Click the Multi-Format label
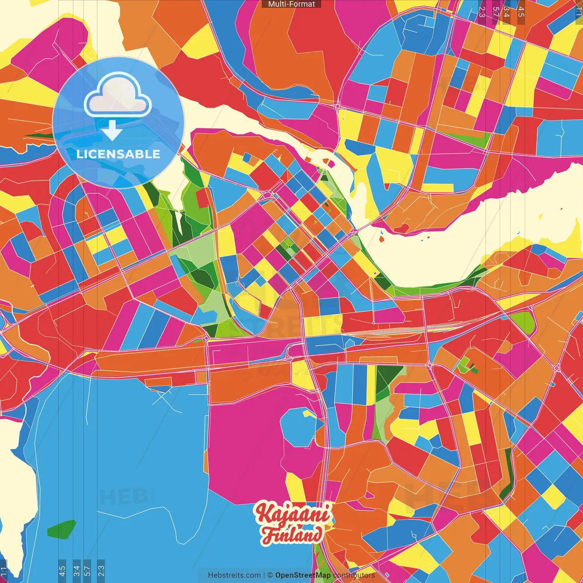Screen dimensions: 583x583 pyautogui.click(x=291, y=4)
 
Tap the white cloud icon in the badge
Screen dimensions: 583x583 pyautogui.click(x=118, y=97)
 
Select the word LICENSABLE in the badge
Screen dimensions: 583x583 pyautogui.click(x=118, y=154)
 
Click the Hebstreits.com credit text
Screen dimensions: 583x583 pyautogui.click(x=234, y=575)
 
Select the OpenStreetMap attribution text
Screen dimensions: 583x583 pyautogui.click(x=303, y=575)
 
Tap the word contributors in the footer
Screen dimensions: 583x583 pyautogui.click(x=354, y=575)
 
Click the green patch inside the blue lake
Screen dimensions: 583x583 pyautogui.click(x=61, y=529)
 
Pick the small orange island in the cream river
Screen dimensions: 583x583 pyautogui.click(x=382, y=238)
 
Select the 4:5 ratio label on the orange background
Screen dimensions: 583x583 pyautogui.click(x=521, y=12)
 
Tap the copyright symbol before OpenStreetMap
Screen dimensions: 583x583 pyautogui.click(x=270, y=575)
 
